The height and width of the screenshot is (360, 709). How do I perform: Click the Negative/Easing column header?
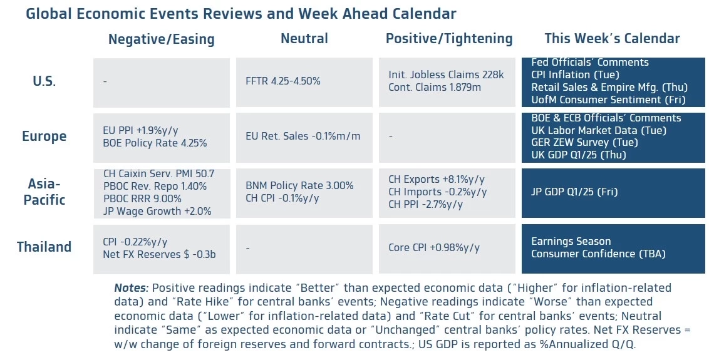[x=161, y=39]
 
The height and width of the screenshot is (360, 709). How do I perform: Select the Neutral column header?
[x=304, y=39]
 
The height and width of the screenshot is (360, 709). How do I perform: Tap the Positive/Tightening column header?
[x=448, y=39]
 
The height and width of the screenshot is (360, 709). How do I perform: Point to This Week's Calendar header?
[x=611, y=39]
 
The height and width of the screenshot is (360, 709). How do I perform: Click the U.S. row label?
[x=44, y=81]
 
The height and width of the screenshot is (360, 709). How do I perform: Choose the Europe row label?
[x=44, y=136]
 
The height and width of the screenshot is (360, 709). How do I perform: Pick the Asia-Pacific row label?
[x=44, y=192]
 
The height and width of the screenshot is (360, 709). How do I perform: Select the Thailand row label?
[x=44, y=247]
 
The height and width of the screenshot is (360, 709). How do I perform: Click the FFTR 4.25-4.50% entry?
[x=283, y=81]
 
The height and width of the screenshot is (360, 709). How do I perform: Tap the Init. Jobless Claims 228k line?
[x=446, y=75]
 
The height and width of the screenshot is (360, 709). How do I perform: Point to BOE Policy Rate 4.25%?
[x=155, y=143]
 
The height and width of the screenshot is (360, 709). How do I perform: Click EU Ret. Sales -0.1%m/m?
[x=303, y=136]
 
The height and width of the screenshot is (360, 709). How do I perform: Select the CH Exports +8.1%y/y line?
[x=436, y=179]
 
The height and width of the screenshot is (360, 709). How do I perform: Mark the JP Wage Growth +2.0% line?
[x=157, y=212]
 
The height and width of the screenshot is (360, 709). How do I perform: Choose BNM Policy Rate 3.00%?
[x=299, y=185]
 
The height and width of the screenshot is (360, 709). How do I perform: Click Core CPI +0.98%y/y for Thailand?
[x=433, y=247]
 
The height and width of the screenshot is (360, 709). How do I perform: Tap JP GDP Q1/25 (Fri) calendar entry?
[x=574, y=192]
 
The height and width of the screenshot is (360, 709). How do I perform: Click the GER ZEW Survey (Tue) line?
[x=584, y=142]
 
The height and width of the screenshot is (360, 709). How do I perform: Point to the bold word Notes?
[x=131, y=288]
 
